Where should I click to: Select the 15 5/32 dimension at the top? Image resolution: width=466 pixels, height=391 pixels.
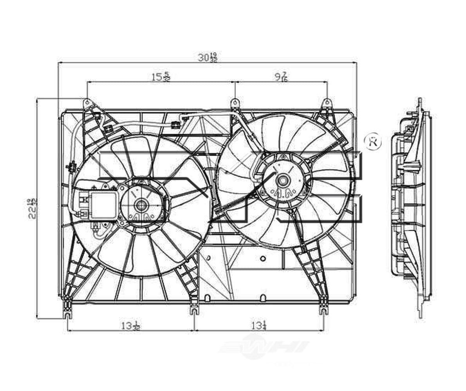coord(161,77)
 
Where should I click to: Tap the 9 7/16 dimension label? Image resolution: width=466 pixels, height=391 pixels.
coord(281,77)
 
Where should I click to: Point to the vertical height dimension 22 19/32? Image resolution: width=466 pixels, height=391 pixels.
coord(33,209)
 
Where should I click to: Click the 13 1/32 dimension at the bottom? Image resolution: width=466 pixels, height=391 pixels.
coord(131,325)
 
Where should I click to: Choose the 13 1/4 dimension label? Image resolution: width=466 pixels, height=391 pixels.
coord(259,325)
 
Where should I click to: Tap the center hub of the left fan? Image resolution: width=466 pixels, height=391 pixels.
coord(141,204)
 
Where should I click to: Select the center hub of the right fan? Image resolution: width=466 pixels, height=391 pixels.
coord(282,180)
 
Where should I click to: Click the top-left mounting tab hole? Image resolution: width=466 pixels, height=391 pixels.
coord(87,103)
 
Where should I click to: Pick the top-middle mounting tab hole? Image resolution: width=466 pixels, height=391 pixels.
coord(235,103)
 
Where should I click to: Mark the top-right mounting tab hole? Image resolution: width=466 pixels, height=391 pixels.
coord(327,103)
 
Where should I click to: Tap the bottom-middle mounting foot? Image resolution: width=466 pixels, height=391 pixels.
coord(194,310)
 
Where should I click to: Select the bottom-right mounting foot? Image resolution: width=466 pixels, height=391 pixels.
coord(323,310)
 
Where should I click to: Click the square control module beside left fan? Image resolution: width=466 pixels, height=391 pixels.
coord(103,205)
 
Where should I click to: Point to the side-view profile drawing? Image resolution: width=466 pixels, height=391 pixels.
coord(411,207)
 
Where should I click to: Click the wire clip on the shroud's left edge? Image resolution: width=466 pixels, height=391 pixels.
coord(72,167)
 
